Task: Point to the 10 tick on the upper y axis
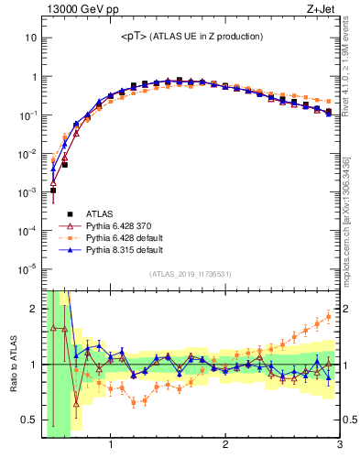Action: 30,38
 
